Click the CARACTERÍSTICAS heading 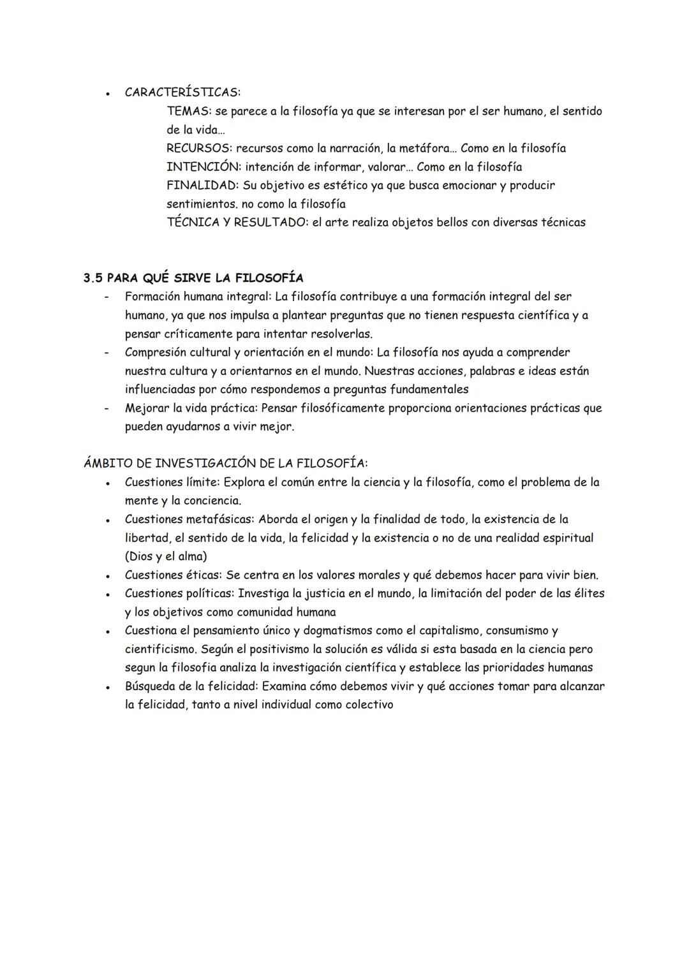click(182, 92)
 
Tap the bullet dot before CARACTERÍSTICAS click(109, 93)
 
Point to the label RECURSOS click(198, 148)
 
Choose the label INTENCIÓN click(202, 166)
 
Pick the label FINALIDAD click(202, 185)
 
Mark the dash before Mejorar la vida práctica click(108, 408)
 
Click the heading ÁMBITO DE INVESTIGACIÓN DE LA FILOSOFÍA click(226, 463)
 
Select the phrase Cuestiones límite click(171, 482)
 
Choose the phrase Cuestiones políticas click(179, 593)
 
